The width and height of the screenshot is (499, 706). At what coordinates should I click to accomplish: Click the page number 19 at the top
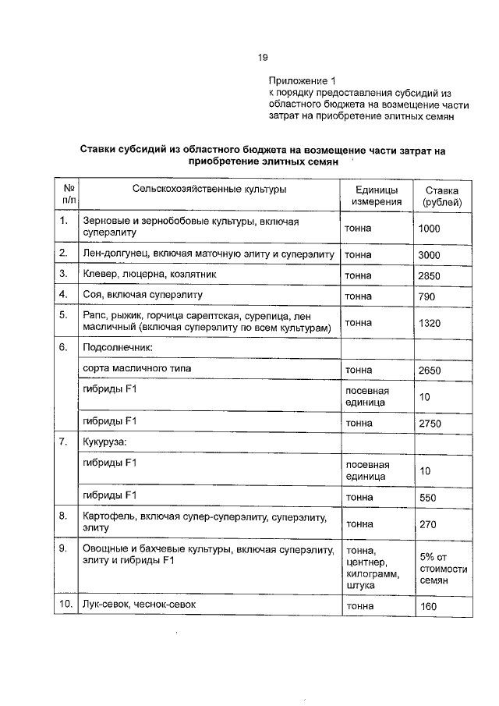coord(263,57)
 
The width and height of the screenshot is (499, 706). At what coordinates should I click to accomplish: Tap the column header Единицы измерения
coord(377,196)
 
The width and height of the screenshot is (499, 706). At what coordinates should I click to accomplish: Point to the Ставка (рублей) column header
coord(441,196)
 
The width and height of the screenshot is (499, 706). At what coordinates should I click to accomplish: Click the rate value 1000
coord(430,229)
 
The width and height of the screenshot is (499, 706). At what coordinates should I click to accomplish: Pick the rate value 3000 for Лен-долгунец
coord(430,255)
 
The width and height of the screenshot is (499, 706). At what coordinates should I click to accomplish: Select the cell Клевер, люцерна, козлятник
coord(150,275)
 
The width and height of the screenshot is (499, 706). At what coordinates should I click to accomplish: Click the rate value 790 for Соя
coord(426,296)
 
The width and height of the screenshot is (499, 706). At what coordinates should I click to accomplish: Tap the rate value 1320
coord(430,323)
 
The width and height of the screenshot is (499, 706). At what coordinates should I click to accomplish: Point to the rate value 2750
coord(430,424)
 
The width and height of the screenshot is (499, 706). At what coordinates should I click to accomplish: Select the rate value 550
coord(426,497)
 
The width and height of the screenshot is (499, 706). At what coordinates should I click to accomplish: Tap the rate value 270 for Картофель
coord(426,524)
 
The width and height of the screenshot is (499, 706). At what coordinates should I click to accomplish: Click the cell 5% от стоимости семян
coord(443,568)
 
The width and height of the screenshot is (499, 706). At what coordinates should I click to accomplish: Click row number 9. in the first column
coord(63,549)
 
